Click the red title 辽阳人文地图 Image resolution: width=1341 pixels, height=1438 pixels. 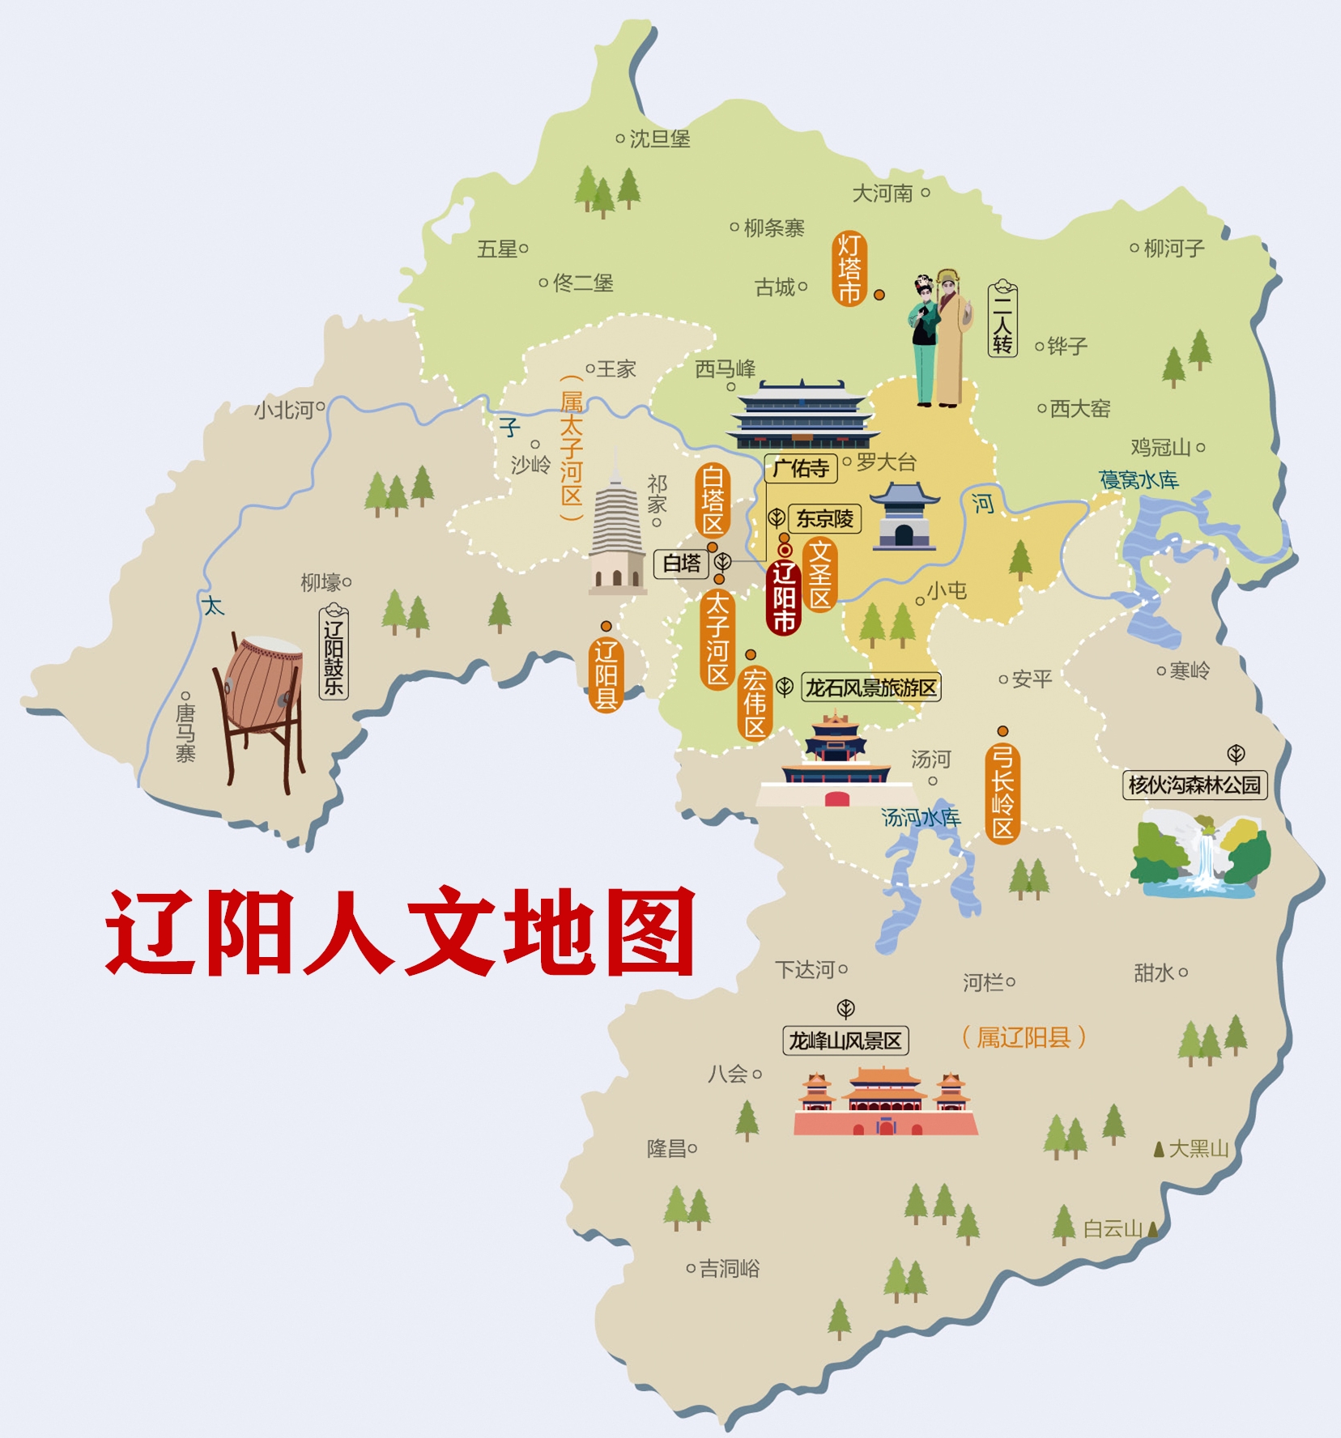click(400, 933)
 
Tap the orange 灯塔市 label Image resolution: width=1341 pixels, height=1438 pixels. click(849, 269)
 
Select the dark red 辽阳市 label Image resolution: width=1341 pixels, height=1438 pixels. click(783, 597)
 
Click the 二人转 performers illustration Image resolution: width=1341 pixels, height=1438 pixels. click(939, 338)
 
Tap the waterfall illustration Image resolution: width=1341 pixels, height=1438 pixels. click(1200, 857)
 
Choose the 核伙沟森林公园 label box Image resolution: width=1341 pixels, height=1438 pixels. click(1194, 785)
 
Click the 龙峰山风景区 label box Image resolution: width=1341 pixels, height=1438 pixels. click(845, 1040)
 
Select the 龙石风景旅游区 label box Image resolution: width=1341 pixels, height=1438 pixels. click(871, 687)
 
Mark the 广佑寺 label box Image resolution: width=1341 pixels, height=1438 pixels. click(800, 468)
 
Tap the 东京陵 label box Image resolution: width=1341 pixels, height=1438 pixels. click(824, 518)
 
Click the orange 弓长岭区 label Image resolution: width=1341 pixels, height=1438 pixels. click(1003, 793)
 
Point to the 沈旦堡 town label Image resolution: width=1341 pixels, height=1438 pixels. click(659, 139)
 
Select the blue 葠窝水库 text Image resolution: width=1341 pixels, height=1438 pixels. click(1139, 480)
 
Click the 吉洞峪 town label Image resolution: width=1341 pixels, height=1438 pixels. click(729, 1268)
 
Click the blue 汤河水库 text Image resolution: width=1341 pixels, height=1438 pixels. click(921, 818)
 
